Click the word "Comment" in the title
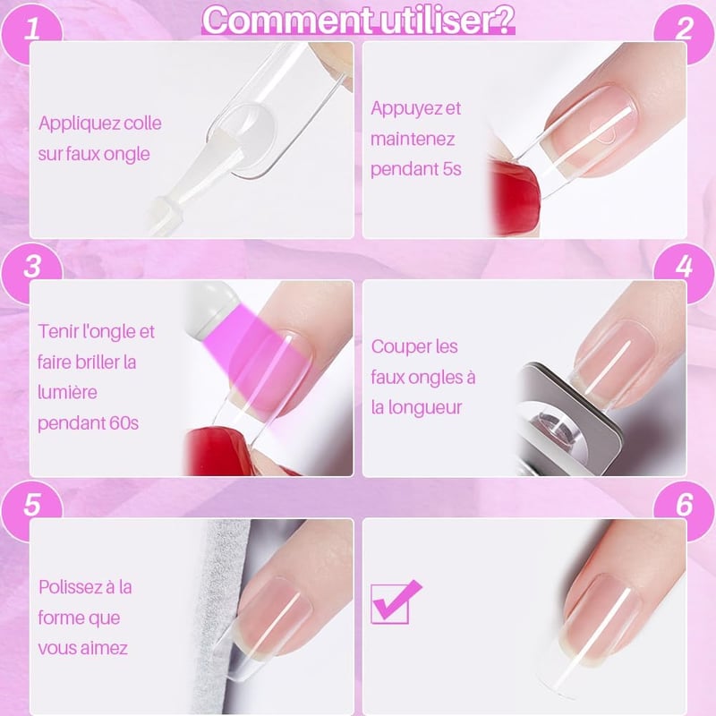[x=286, y=20]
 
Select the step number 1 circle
[x=31, y=29]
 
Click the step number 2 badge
[x=684, y=29]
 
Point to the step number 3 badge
[x=31, y=266]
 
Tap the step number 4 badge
[x=684, y=266]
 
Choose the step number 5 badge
[x=31, y=504]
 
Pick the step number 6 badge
[x=684, y=504]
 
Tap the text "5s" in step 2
[x=452, y=169]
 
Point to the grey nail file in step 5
[x=219, y=617]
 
